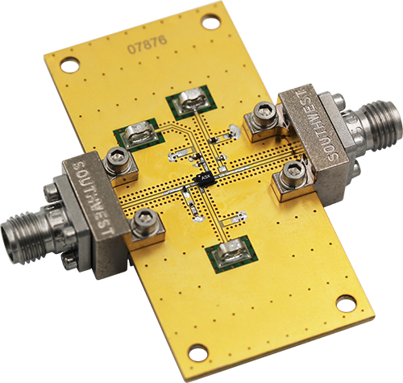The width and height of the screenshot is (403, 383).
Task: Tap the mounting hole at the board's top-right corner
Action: click(210, 19)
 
